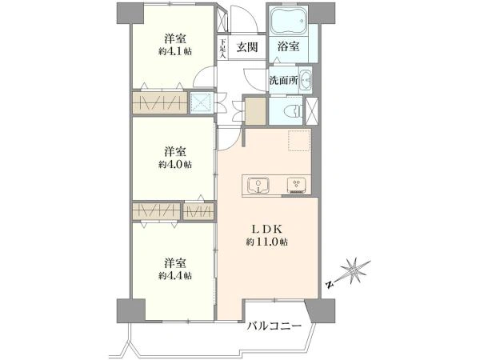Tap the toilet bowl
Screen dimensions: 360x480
pos(293,110)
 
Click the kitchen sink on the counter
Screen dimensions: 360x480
pos(258,186)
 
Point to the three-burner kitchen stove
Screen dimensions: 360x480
pos(296,186)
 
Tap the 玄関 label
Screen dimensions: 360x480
pos(246,47)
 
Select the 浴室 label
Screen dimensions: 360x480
pos(289,47)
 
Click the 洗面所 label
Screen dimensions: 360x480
pos(283,81)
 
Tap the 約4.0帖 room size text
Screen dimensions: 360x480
pos(174,165)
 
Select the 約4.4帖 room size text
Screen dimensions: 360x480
pos(174,275)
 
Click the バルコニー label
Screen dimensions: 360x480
pos(273,327)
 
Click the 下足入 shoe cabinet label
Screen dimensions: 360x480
pos(223,47)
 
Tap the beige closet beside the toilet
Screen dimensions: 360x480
pos(254,110)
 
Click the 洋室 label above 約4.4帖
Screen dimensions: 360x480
pos(175,262)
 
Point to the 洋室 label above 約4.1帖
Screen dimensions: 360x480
pos(175,38)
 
